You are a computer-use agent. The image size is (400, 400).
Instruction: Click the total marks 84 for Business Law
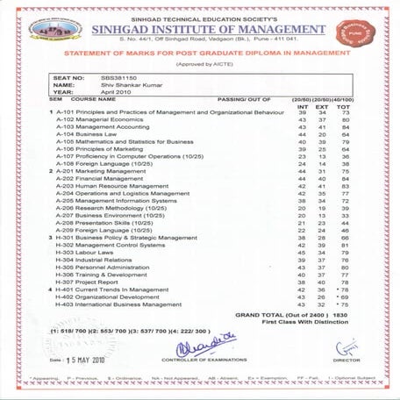coord(346,133)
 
